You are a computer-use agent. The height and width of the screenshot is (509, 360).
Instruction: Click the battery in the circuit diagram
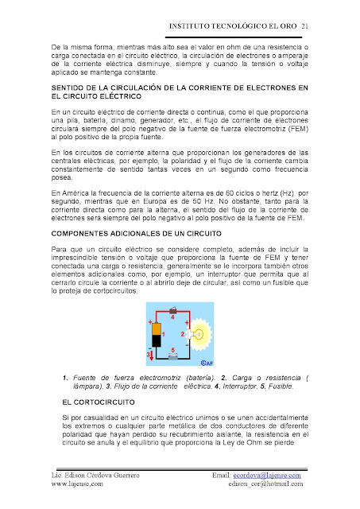click(x=157, y=335)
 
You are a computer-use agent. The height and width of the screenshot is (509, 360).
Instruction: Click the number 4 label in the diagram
click(x=173, y=317)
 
